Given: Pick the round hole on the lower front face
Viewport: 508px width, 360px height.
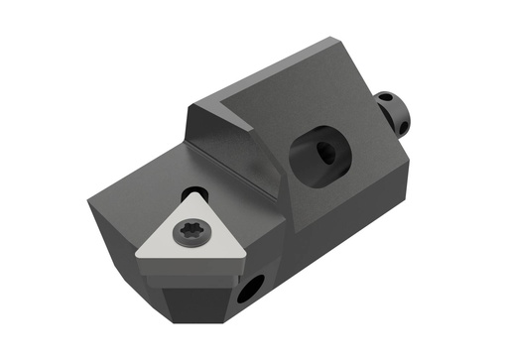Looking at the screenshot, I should (250, 290).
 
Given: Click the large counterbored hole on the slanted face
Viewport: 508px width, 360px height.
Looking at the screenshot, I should (319, 153).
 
